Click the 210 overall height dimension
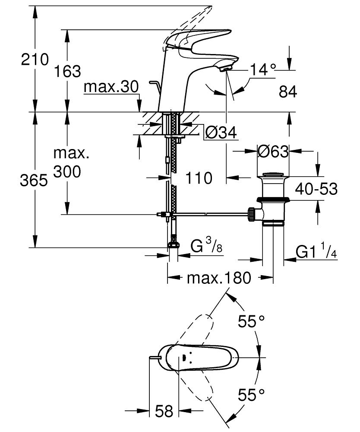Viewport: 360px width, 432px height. pos(35,59)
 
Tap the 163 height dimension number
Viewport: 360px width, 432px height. pos(68,71)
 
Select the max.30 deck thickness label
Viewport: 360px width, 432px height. pos(111,87)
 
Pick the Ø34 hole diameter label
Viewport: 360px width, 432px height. pos(221,133)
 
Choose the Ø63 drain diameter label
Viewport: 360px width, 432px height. pos(273,152)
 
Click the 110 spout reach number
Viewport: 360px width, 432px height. pos(199,178)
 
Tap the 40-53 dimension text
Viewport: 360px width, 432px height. pos(316,189)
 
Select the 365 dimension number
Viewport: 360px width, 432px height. pos(34,181)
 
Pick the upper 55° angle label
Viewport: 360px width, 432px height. pos(252,321)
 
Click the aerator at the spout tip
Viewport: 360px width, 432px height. pos(226,67)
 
